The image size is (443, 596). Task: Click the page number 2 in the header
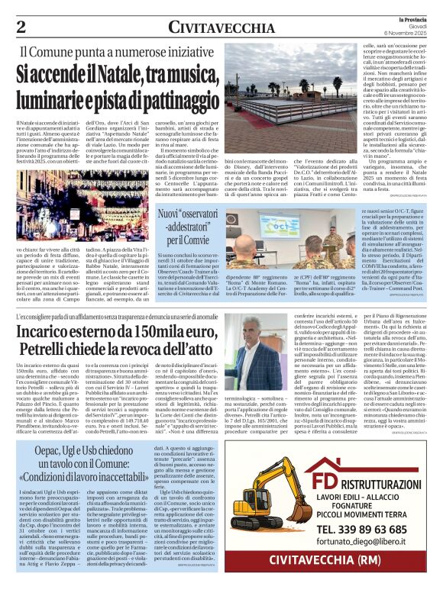tap(21, 27)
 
